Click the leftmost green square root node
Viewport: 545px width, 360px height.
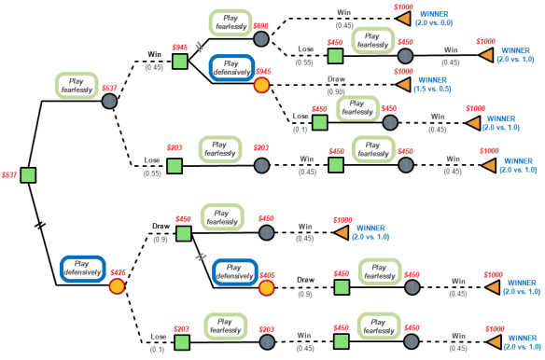(x=28, y=174)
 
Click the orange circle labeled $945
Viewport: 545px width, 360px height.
(x=262, y=86)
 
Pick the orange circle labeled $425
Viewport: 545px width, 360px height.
(x=118, y=285)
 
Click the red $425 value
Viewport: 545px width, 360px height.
(x=118, y=272)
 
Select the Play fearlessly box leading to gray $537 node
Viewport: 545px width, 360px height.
(x=77, y=86)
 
